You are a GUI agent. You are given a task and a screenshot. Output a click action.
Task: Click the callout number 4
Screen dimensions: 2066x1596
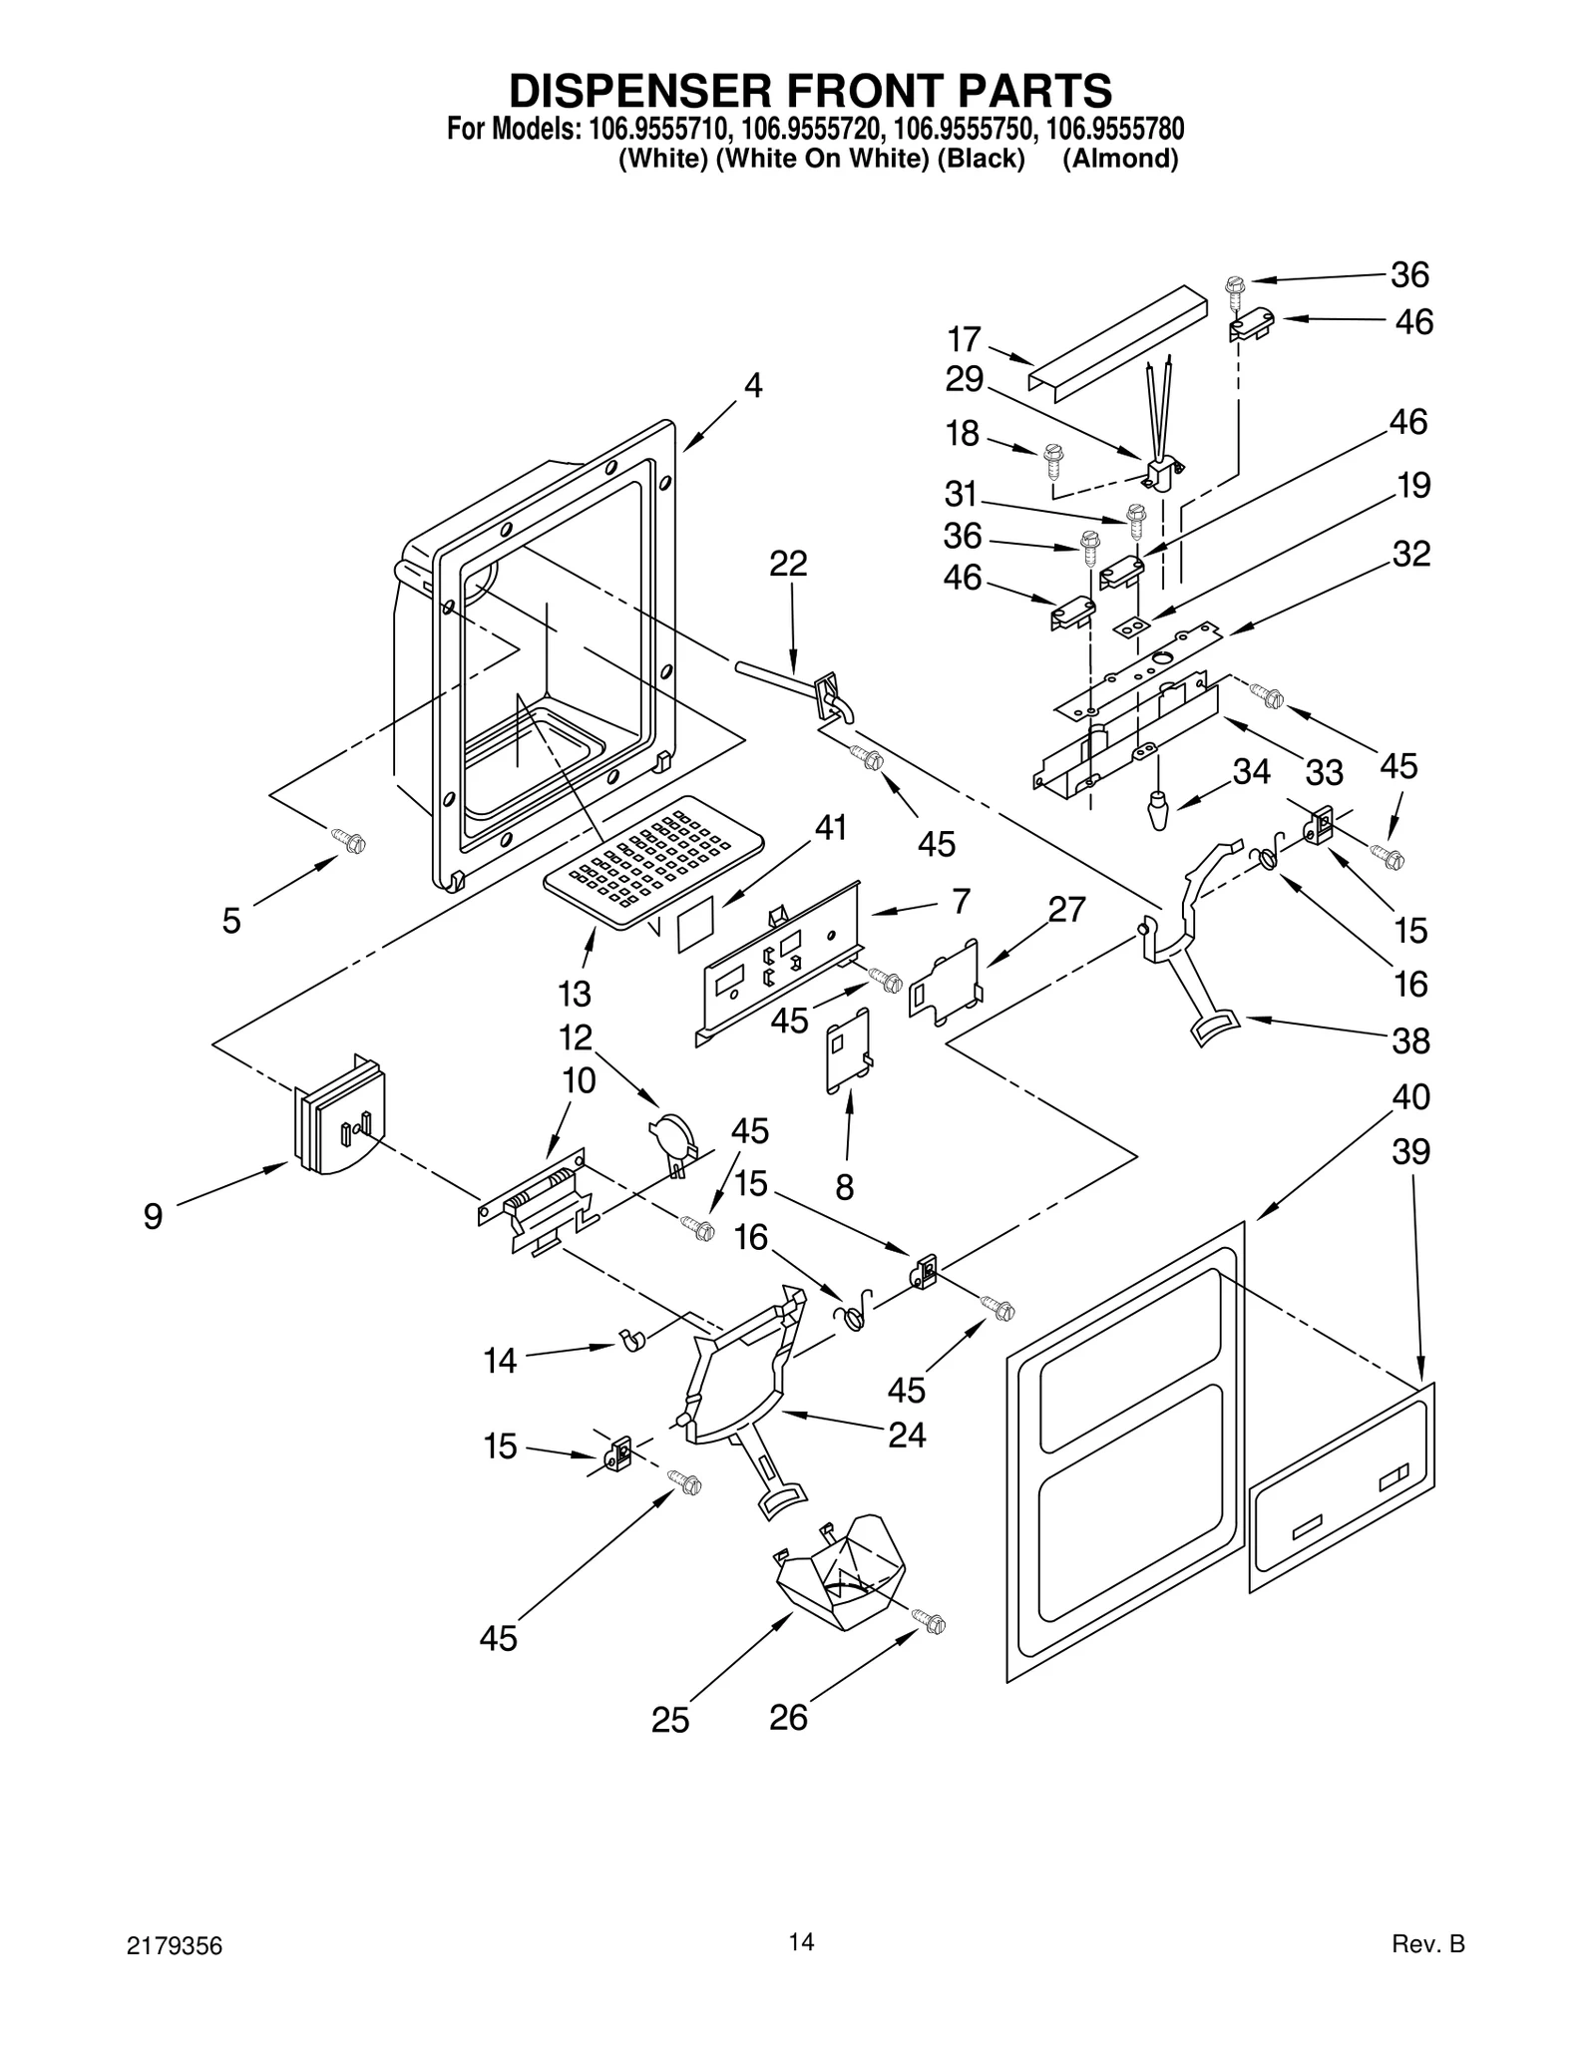coord(753,385)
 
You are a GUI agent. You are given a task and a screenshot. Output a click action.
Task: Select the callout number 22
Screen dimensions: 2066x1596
coord(788,564)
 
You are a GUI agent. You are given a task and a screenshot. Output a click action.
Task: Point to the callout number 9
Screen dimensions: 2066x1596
coord(153,1216)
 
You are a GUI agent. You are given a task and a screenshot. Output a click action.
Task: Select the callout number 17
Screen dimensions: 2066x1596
coord(964,339)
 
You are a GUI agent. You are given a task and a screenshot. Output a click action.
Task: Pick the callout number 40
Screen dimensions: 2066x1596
coord(1411,1096)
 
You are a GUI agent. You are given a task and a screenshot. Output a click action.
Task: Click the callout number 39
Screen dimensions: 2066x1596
coord(1411,1151)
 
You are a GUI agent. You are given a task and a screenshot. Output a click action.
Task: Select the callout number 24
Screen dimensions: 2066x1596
coord(907,1435)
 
